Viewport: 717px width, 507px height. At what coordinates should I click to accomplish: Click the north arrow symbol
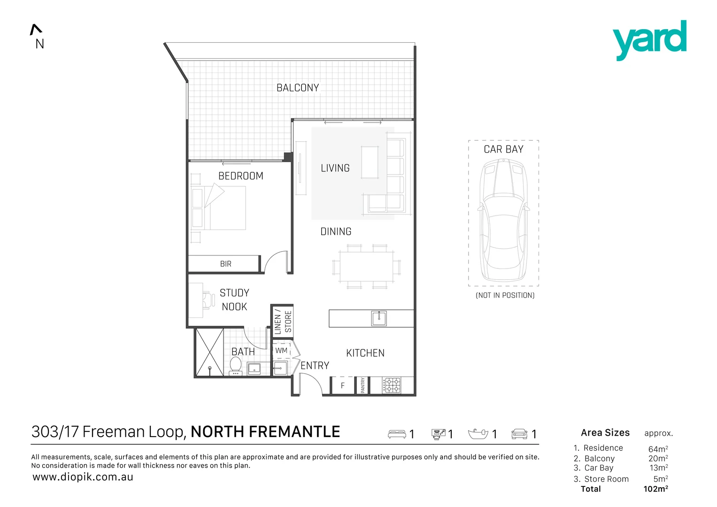pos(36,30)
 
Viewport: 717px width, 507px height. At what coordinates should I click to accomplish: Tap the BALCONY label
pos(298,88)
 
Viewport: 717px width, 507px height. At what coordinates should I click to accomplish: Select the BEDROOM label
pos(241,176)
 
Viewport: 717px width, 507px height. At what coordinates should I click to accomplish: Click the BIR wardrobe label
pos(226,264)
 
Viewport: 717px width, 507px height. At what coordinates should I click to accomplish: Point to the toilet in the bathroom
pos(236,366)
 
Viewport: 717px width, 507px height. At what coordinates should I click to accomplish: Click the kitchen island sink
pos(379,318)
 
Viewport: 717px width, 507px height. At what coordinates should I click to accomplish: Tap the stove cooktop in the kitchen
pos(392,385)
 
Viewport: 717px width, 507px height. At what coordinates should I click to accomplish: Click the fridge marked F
pos(342,385)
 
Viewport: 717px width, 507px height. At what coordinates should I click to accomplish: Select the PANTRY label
pos(362,385)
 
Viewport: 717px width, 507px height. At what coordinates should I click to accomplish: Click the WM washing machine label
pos(281,351)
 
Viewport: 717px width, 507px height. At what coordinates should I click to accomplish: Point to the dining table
pos(367,266)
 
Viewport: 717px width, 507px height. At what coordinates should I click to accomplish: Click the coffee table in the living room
pos(370,162)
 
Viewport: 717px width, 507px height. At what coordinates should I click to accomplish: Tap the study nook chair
pos(208,300)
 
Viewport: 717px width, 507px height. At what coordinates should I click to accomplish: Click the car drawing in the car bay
pos(503,220)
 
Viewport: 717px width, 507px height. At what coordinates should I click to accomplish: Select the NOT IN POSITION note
pos(505,295)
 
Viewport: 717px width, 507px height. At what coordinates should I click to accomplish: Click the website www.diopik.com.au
pos(83,477)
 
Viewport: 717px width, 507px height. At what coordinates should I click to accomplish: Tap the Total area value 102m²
pos(656,489)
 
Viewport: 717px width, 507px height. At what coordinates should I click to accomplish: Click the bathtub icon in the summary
pos(478,434)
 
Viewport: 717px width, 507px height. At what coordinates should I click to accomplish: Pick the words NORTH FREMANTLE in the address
pos(265,431)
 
